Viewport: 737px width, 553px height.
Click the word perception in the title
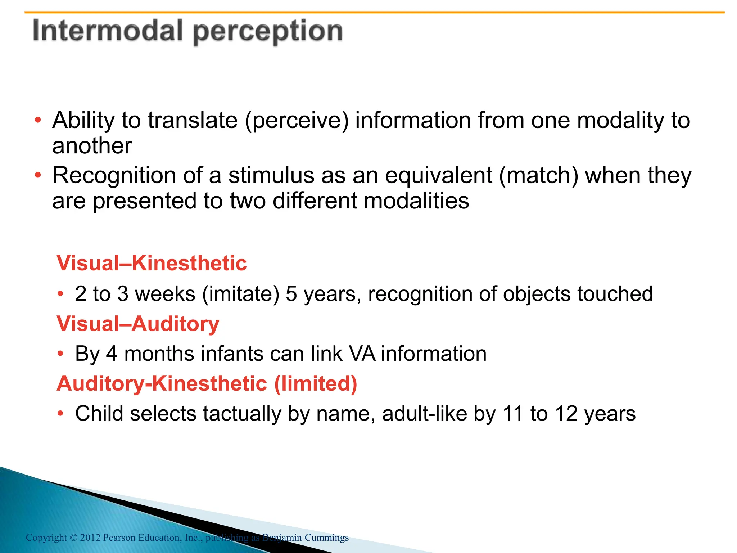[268, 32]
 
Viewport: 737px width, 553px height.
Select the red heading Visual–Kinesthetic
[152, 263]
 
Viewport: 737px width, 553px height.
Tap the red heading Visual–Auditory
[138, 323]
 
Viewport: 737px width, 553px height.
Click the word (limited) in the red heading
[316, 383]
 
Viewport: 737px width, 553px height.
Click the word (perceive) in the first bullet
[297, 121]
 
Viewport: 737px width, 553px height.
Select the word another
[92, 146]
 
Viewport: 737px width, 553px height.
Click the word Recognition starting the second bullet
[114, 176]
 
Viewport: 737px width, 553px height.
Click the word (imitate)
[241, 294]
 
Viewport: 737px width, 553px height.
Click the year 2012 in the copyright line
[90, 538]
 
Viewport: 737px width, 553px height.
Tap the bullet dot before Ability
[38, 120]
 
